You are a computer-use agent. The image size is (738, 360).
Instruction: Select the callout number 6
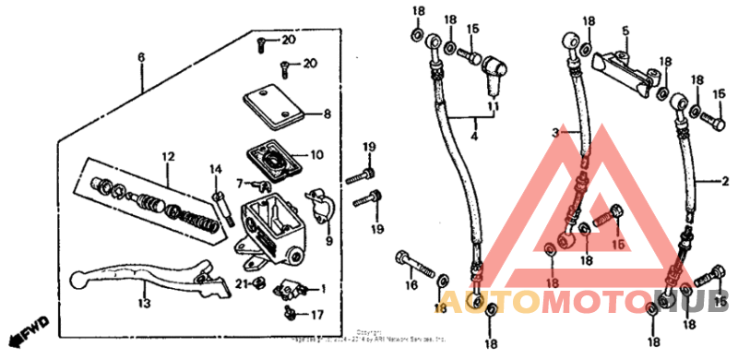coord(141,57)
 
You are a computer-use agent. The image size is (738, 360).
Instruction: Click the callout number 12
coord(168,156)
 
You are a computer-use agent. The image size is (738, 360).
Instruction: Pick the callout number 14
coord(216,169)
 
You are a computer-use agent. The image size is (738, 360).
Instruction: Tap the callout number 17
coord(316,315)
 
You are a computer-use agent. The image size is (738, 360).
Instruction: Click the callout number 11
coord(492,108)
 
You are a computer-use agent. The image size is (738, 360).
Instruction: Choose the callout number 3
coord(556,134)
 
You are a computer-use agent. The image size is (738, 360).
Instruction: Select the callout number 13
coord(143,302)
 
